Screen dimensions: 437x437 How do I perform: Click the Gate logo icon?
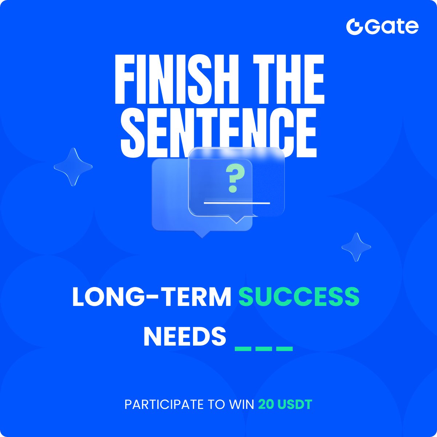354,27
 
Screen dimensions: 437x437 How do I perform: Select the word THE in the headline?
289,79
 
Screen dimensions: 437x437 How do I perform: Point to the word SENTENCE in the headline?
219,131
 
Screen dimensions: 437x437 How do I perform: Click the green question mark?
233,178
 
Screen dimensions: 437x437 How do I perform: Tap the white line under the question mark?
237,202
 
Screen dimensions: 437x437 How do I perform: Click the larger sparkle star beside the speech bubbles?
73,167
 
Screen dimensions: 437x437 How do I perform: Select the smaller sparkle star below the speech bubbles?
356,247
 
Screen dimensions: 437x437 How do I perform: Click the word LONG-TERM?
152,297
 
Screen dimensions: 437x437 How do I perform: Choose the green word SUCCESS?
299,297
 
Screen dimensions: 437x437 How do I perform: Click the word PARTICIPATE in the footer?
164,404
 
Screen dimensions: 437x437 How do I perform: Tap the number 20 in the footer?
266,404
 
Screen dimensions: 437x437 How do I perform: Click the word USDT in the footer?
295,404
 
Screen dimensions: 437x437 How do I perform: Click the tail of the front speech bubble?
236,220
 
